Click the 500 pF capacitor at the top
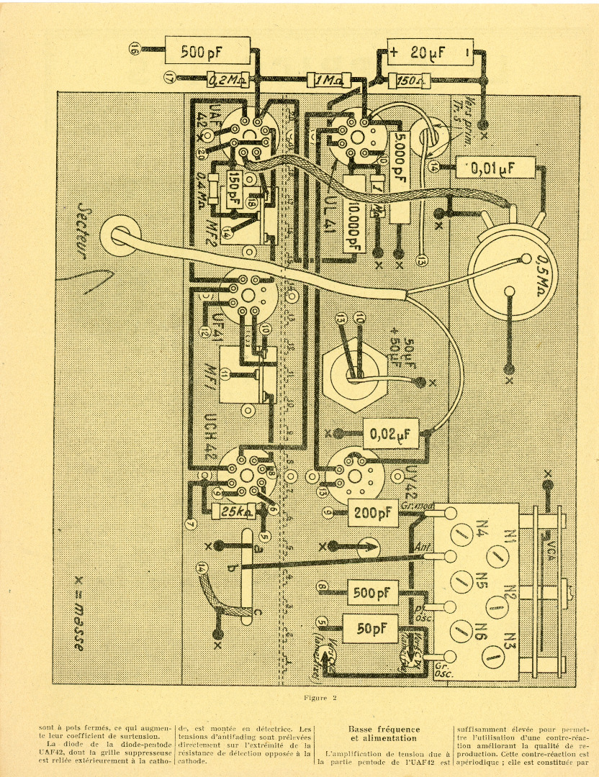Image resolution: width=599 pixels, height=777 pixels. (x=204, y=51)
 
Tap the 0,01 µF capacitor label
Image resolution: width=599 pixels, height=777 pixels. (x=497, y=168)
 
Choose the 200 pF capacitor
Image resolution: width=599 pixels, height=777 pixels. (x=372, y=513)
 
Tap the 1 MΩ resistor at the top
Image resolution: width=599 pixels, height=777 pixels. (x=328, y=80)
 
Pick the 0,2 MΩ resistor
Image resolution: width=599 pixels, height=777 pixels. (x=225, y=80)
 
